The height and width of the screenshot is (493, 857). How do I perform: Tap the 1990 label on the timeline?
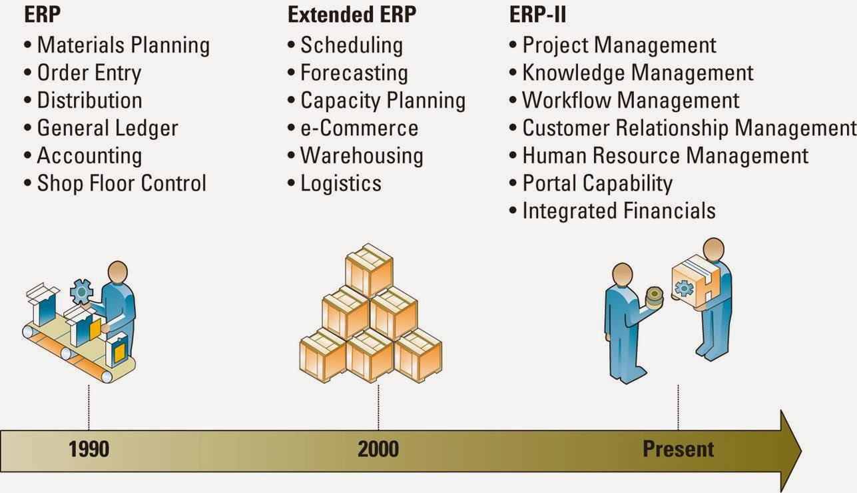89,449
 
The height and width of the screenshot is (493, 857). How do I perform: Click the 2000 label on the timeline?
378,449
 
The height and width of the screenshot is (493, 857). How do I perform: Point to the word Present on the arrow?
678,449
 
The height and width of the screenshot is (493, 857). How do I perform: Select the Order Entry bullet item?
89,73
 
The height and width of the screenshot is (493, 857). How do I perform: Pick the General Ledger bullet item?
107,128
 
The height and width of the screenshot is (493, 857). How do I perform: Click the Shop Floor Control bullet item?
121,183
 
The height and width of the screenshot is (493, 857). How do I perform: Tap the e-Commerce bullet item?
359,128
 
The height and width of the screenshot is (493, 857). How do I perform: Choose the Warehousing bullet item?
361,156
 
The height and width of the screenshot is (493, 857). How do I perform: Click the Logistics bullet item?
340,183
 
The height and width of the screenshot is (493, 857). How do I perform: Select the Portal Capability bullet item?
597,183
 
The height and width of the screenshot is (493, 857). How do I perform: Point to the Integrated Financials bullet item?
618,211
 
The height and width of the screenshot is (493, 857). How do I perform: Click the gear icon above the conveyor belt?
81,291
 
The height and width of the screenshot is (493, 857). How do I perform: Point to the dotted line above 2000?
378,406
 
